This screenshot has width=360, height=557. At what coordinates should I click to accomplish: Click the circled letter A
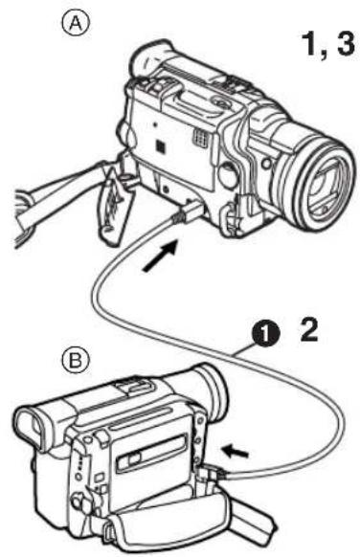(x=76, y=24)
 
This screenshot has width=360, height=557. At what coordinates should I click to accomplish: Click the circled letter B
(x=76, y=361)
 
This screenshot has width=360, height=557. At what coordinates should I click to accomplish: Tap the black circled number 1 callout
(x=266, y=333)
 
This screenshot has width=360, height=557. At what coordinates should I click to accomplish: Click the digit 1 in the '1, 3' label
(x=310, y=44)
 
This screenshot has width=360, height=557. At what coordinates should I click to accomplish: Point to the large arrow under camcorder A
(x=160, y=255)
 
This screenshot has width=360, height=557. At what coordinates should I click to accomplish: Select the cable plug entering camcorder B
(x=211, y=474)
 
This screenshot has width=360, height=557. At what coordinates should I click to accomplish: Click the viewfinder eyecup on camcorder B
(x=34, y=429)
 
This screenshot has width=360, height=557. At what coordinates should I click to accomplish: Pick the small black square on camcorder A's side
(x=161, y=145)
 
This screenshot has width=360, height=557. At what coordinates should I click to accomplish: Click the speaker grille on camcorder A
(x=200, y=137)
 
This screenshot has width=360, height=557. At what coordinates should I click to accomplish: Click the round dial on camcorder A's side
(x=228, y=174)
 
